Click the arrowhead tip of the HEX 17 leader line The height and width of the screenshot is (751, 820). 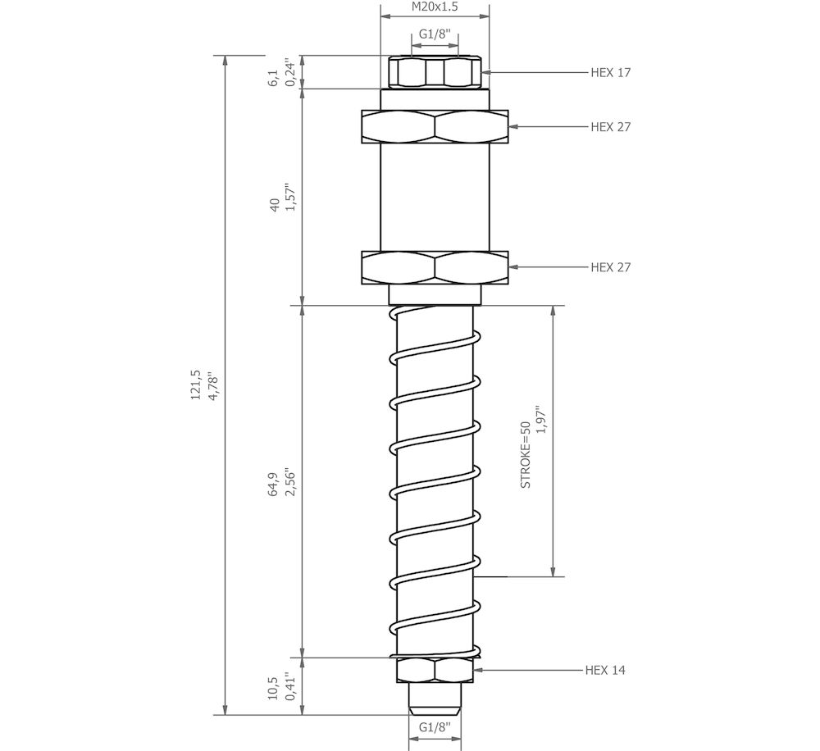click(481, 73)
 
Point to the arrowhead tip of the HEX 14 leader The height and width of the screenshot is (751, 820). click(474, 669)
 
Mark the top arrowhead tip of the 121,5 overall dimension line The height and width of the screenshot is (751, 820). click(225, 56)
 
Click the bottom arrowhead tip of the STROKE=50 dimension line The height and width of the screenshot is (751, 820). click(553, 576)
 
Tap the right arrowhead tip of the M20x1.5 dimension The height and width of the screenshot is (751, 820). click(490, 16)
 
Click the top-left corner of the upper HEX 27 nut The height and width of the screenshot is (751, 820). click(362, 110)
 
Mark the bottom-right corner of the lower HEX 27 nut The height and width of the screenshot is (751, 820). click(508, 284)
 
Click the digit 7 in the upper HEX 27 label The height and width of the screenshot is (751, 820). click(627, 127)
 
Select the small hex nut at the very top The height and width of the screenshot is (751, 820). click(435, 71)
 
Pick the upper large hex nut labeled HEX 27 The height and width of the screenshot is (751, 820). click(435, 126)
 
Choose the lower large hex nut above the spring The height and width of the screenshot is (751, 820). click(435, 268)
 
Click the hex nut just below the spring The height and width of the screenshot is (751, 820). click(435, 670)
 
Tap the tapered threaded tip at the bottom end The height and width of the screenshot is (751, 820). click(435, 699)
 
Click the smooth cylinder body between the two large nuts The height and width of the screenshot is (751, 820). click(435, 197)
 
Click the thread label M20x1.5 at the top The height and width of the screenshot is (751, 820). click(435, 7)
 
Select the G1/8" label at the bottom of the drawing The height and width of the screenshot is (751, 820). click(435, 727)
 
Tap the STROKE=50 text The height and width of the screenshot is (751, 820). click(526, 455)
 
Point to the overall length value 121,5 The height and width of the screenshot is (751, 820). click(196, 385)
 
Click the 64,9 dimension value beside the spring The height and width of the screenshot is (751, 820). click(273, 485)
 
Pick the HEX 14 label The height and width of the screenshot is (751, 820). click(605, 671)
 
